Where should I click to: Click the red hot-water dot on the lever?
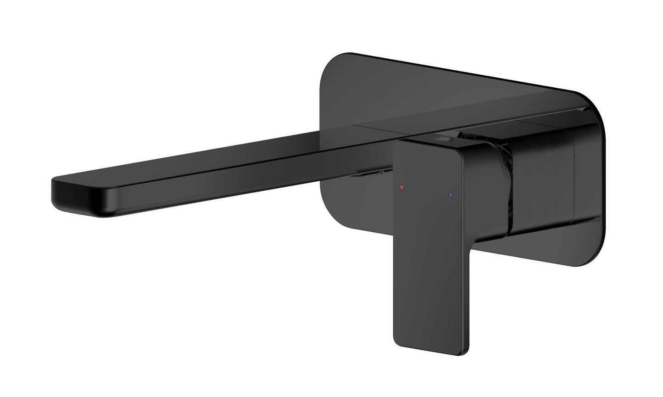[x=401, y=187]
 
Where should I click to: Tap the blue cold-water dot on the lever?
[x=450, y=195]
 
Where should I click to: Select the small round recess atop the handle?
[x=444, y=139]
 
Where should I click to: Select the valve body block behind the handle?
[x=541, y=184]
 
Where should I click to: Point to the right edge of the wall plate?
[x=609, y=184]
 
